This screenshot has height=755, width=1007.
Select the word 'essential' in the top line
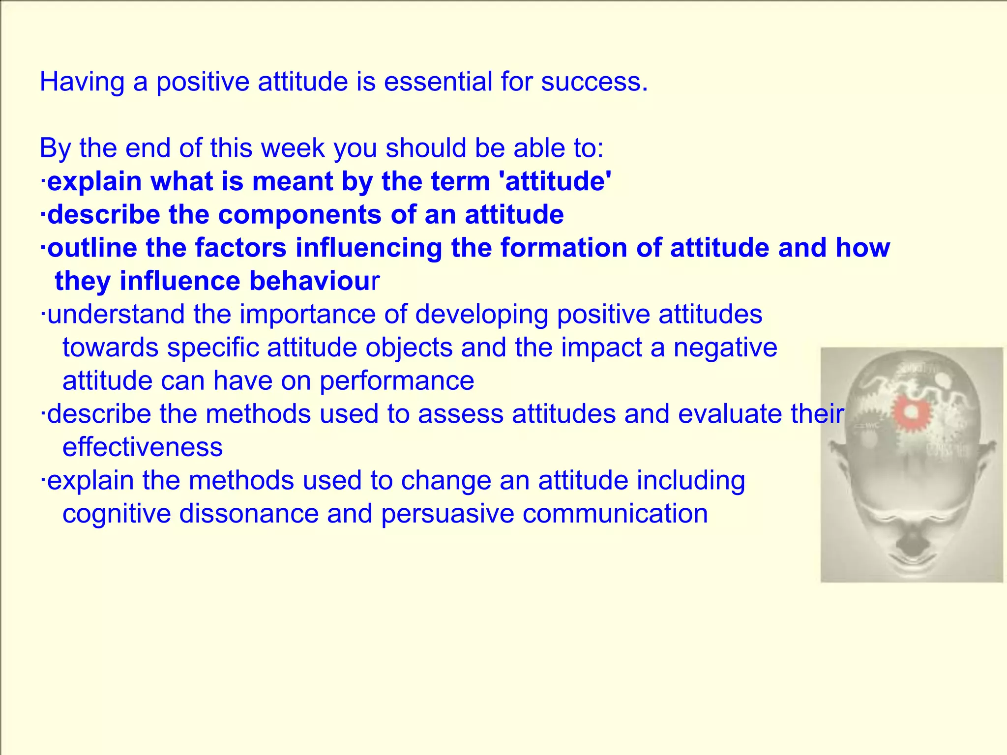pos(438,82)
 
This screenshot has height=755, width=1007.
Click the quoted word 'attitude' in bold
pos(555,181)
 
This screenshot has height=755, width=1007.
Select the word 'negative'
pos(725,348)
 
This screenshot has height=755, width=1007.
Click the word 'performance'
pos(397,381)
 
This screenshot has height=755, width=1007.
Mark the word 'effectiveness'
pos(143,447)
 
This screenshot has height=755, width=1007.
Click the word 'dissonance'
pos(249,514)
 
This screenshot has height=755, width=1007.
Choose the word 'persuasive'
pos(447,514)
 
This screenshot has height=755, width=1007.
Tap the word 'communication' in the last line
pos(615,514)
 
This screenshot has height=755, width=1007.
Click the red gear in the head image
pos(911,413)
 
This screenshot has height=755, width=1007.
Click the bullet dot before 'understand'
pos(43,315)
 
